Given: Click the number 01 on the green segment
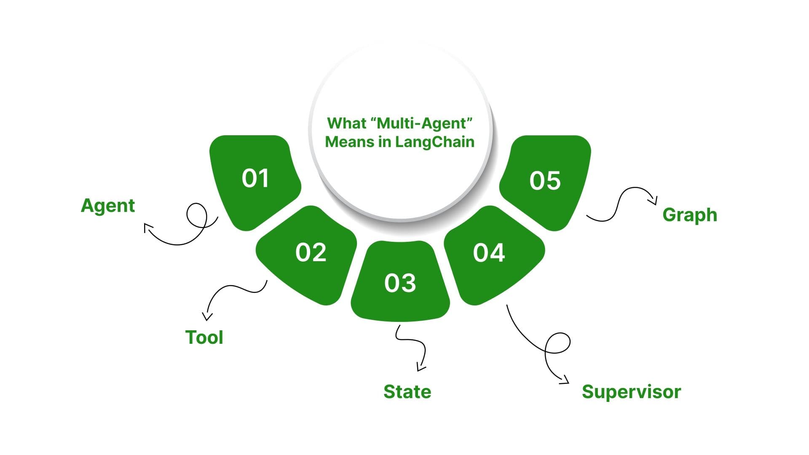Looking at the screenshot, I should coord(255,178).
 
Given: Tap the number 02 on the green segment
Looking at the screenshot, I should coord(311,253).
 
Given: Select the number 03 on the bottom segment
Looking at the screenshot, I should coord(400,283).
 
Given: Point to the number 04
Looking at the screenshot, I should coord(489,253).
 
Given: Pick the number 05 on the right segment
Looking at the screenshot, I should coord(545,181).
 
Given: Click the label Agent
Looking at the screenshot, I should coord(108,206).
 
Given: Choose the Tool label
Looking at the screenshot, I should coord(204,337).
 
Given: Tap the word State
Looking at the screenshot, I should coord(407,392).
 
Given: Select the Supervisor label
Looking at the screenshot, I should coord(631,392).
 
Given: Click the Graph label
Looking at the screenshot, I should coord(689,215).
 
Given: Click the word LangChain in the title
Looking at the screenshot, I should coord(434,142).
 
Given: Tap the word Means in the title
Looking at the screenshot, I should coord(350,142).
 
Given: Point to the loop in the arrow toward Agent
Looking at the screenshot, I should coord(197,215).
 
